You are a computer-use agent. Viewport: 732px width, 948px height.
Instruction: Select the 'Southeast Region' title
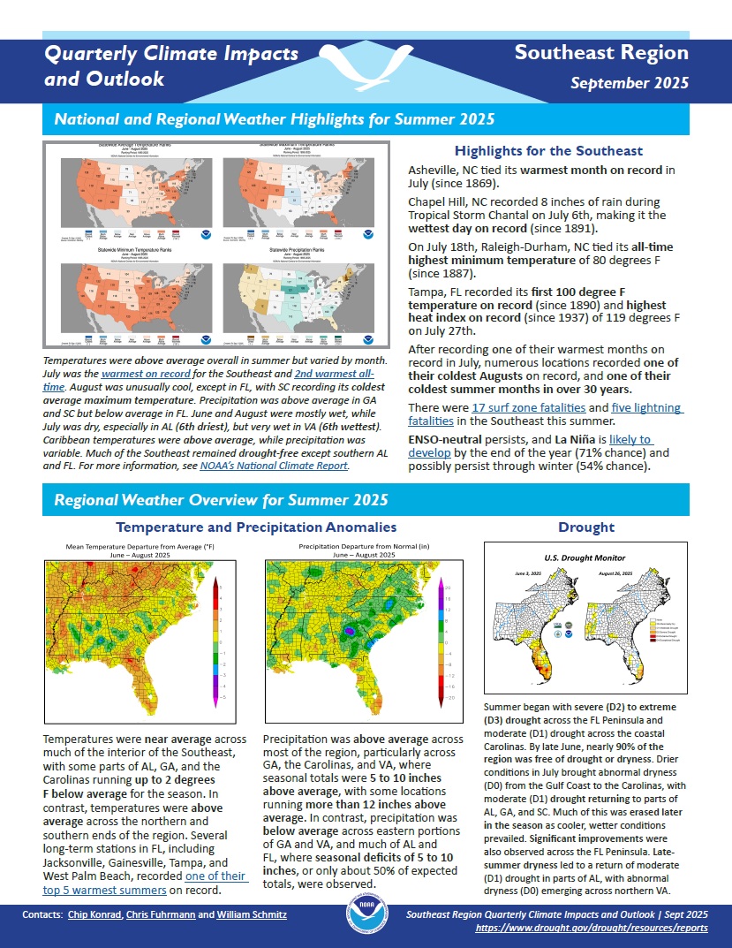[x=601, y=52]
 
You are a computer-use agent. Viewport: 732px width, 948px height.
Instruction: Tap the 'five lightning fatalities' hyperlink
[x=636, y=407]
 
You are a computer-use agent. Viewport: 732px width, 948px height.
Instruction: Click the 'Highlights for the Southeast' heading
[x=547, y=151]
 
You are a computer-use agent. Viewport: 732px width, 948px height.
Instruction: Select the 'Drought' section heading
[x=586, y=527]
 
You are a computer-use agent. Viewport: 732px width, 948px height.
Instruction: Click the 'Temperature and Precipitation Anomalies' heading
[x=257, y=527]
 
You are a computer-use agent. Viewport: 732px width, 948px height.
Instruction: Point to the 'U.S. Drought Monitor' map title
[x=585, y=558]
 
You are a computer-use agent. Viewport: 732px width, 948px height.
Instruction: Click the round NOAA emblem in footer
[x=366, y=920]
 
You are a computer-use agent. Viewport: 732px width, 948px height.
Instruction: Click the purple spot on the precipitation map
[x=351, y=633]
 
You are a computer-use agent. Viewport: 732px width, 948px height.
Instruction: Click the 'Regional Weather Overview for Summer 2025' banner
[x=222, y=500]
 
